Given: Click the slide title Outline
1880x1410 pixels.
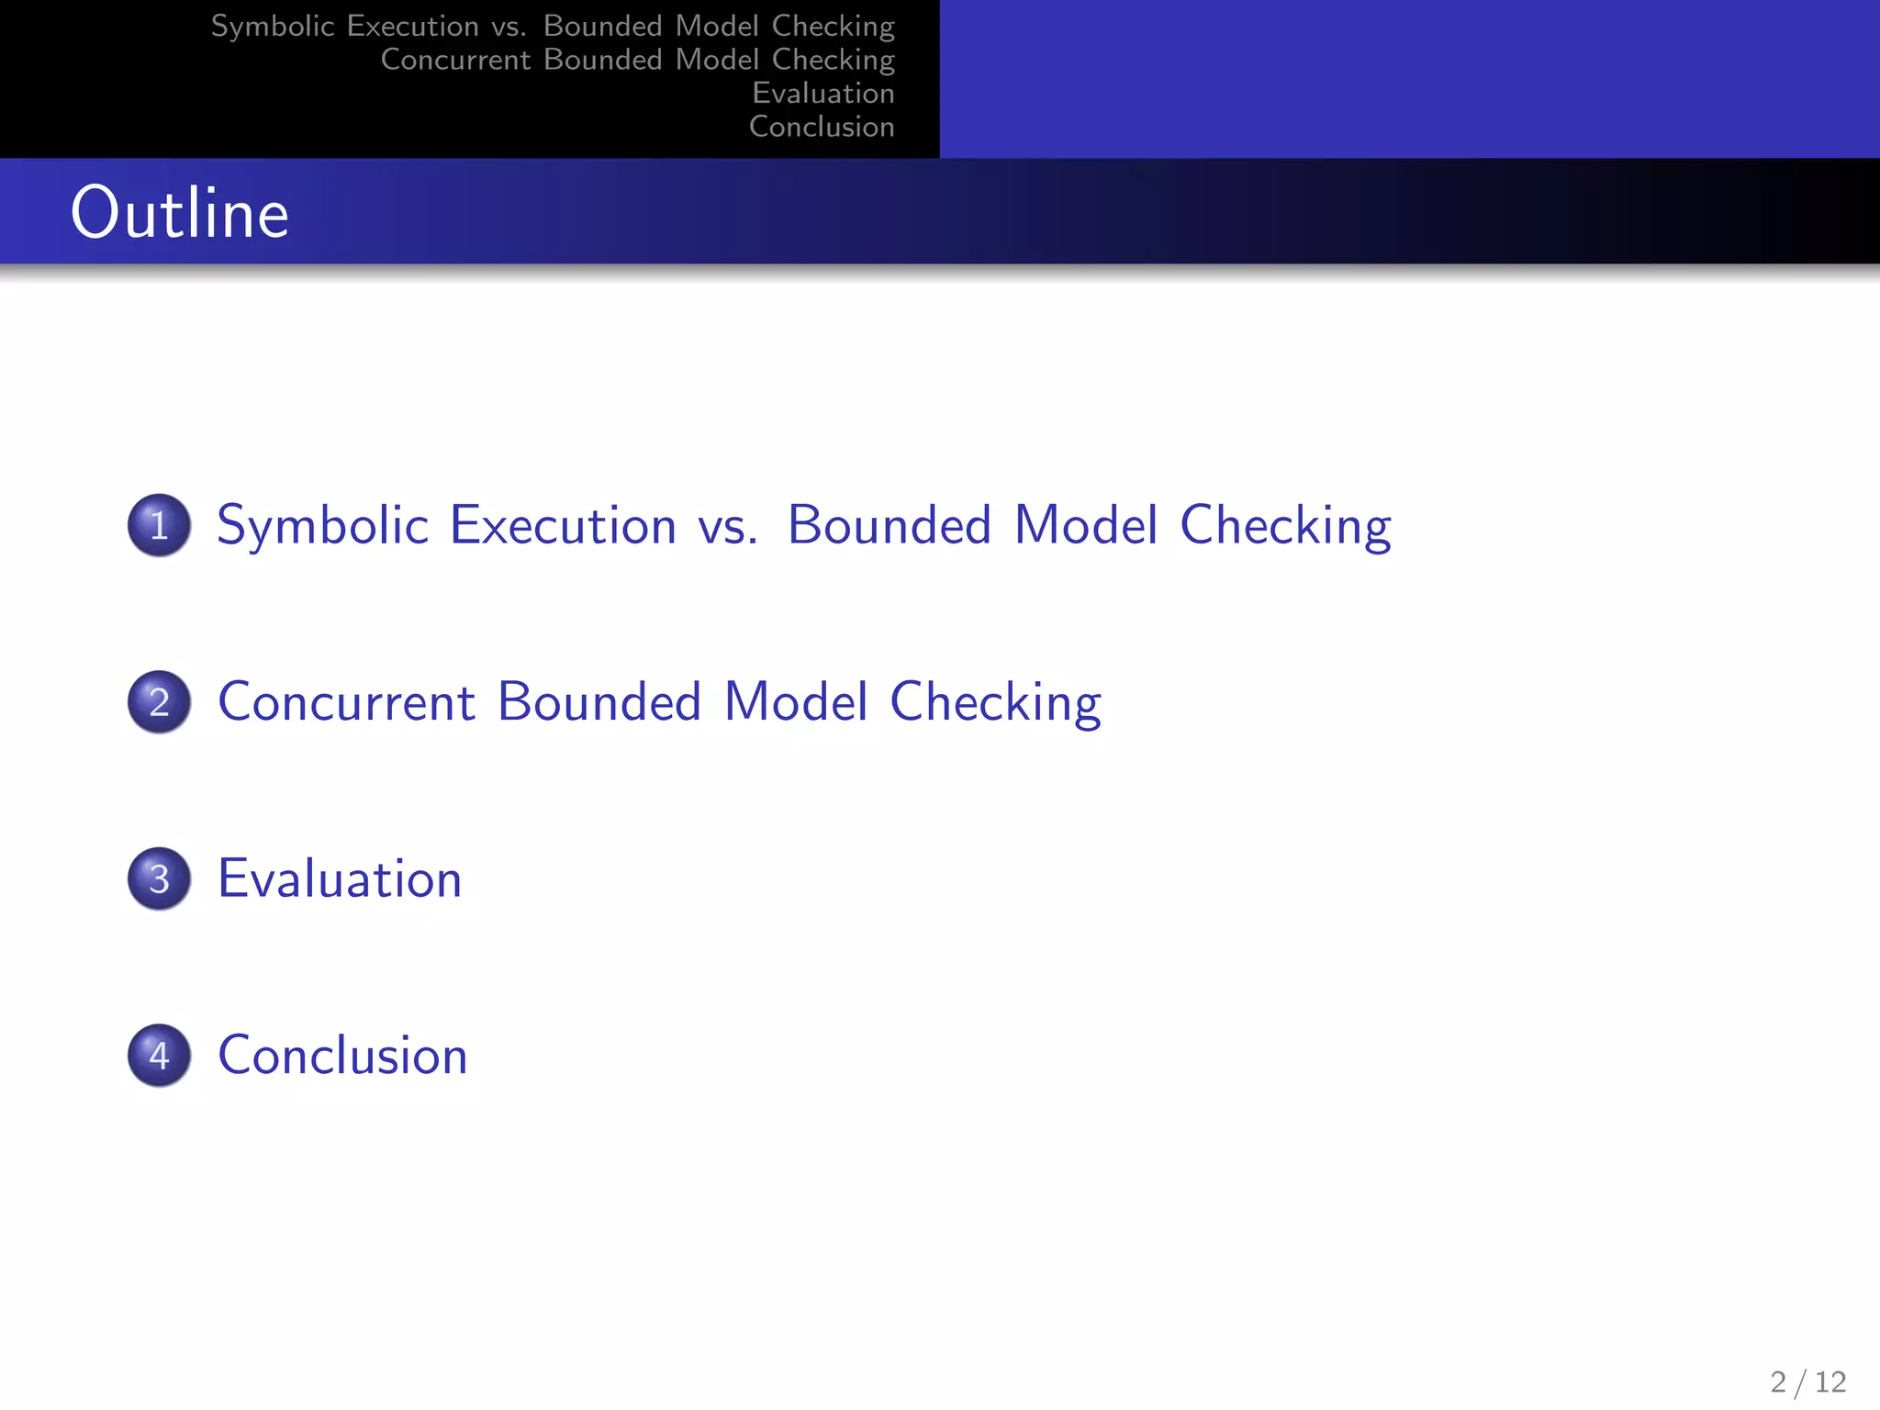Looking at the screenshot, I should [180, 213].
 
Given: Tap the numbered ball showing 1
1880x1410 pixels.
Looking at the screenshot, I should [160, 525].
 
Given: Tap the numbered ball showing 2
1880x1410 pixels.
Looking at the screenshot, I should [160, 702].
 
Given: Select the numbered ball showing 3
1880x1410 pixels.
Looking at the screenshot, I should [160, 878].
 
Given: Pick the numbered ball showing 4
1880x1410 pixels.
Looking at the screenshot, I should [160, 1056].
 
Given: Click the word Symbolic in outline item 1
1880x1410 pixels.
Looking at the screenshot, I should [322, 526].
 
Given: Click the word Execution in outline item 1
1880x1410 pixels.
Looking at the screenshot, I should [563, 526].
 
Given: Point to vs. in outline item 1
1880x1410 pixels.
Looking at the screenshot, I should [727, 526].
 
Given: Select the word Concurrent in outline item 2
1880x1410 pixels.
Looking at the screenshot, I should [346, 702].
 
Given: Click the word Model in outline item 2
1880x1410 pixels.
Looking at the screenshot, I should [795, 702].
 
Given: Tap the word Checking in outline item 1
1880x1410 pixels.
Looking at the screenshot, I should [1285, 526].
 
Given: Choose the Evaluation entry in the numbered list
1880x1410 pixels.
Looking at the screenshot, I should [340, 878].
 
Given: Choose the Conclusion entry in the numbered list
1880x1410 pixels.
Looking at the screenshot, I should [342, 1056].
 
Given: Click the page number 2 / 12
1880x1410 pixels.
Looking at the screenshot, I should [1807, 1382].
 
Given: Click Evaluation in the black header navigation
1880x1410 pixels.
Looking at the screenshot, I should [822, 93].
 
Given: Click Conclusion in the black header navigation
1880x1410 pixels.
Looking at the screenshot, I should [822, 127].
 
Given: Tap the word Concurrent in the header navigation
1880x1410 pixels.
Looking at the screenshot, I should [455, 60].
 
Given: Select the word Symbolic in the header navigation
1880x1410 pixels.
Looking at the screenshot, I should [273, 26].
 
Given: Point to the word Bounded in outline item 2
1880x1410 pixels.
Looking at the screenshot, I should [599, 702].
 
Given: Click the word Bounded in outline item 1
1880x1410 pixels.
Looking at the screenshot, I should [890, 526].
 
